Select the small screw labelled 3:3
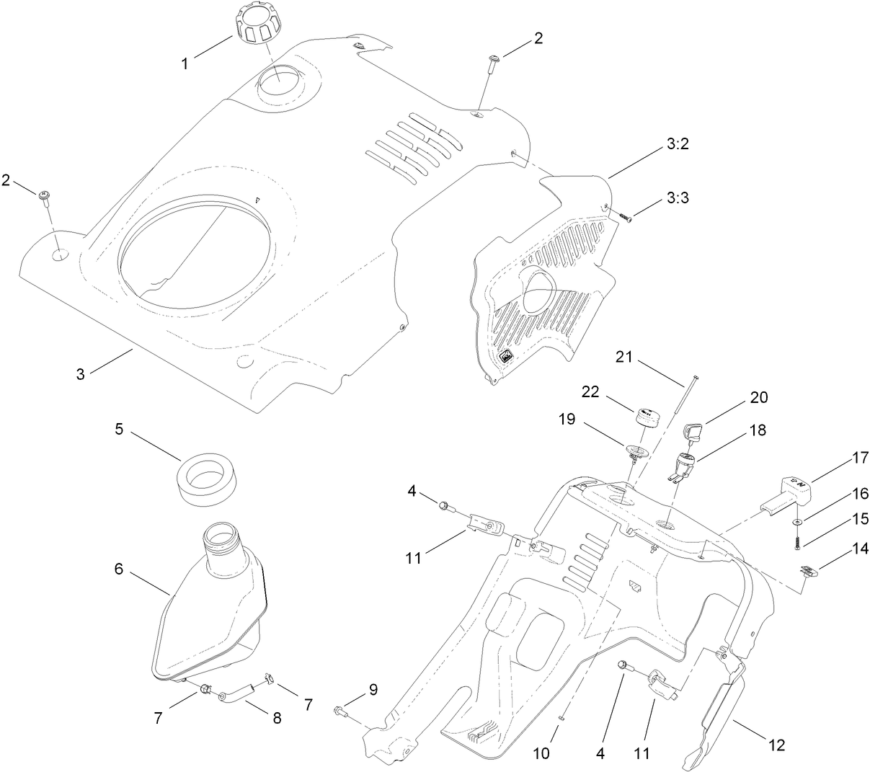click(x=624, y=216)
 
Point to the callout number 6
click(x=118, y=569)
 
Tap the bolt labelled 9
click(x=341, y=712)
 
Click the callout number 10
click(x=541, y=753)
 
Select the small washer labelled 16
click(x=797, y=520)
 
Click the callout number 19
click(x=567, y=419)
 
